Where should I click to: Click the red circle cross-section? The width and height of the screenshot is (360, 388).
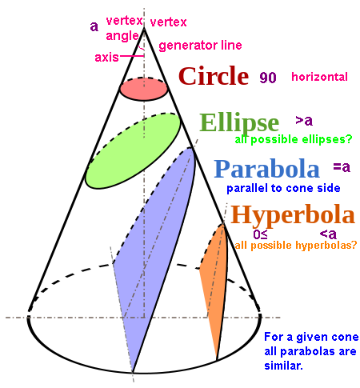pyautogui.click(x=144, y=89)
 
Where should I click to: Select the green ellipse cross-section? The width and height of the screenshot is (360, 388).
pyautogui.click(x=133, y=151)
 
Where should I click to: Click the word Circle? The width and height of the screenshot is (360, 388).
pyautogui.click(x=214, y=76)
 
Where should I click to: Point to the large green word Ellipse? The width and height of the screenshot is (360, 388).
pyautogui.click(x=239, y=123)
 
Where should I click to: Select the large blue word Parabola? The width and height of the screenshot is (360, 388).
pyautogui.click(x=267, y=169)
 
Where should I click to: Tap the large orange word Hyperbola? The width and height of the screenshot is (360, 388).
pyautogui.click(x=293, y=215)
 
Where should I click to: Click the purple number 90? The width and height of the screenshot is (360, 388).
pyautogui.click(x=268, y=78)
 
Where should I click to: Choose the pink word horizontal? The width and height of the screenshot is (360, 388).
pyautogui.click(x=319, y=77)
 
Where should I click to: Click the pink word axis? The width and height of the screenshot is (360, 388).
pyautogui.click(x=106, y=58)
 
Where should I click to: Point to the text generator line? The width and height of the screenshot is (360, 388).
pyautogui.click(x=200, y=46)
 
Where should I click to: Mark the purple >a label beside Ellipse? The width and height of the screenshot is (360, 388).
pyautogui.click(x=304, y=121)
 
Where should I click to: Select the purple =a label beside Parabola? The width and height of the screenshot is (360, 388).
pyautogui.click(x=342, y=167)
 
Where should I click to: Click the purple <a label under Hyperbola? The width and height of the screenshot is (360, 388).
pyautogui.click(x=328, y=234)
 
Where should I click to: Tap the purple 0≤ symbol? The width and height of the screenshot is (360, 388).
pyautogui.click(x=260, y=234)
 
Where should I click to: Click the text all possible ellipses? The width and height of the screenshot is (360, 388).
pyautogui.click(x=294, y=139)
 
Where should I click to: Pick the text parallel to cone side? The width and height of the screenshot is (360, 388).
pyautogui.click(x=283, y=188)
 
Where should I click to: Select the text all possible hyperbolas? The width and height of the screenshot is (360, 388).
pyautogui.click(x=296, y=245)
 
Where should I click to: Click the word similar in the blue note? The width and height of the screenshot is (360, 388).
pyautogui.click(x=283, y=366)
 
